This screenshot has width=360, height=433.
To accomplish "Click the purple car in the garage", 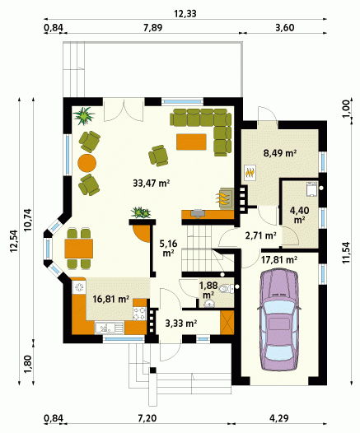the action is [278, 320].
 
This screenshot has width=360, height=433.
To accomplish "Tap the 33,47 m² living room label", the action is [151, 183].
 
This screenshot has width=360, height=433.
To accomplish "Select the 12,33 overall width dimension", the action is [185, 13].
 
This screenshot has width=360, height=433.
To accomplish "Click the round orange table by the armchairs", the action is [87, 163].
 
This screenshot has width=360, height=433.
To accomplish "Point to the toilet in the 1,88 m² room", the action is [226, 289].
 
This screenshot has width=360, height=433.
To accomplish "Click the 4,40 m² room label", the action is [299, 215].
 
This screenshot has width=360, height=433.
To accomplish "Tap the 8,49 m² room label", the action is [280, 153].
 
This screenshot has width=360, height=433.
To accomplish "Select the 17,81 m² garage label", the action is [279, 259].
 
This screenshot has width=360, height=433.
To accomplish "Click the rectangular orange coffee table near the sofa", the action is [191, 142].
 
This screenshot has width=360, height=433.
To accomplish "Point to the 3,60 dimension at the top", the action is [285, 28].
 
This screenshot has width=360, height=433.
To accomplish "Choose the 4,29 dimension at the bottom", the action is [279, 418].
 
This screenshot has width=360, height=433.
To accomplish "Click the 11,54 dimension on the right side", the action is [347, 252].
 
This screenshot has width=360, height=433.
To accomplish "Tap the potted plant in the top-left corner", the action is [84, 116].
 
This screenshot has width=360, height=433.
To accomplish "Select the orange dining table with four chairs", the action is [79, 249].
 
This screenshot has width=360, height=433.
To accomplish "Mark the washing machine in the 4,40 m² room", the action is [312, 189].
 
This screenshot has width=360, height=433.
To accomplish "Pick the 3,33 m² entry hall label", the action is [181, 323].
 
